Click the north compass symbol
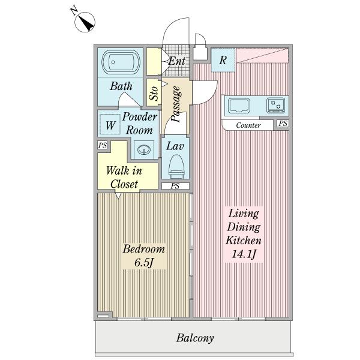point(85,22)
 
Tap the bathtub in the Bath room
point(121,62)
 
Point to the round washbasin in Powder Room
point(144,149)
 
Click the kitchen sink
point(239,106)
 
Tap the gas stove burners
point(275,106)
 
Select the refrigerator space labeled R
point(223,60)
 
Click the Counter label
point(248,125)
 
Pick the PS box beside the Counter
point(283,124)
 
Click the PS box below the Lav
point(175,186)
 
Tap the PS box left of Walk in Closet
point(103,145)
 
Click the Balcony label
point(195,338)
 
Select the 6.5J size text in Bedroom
point(144,262)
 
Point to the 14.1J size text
point(244,254)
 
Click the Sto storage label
point(154,93)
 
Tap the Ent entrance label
point(177,61)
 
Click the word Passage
point(176,104)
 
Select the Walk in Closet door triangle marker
point(118,196)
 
